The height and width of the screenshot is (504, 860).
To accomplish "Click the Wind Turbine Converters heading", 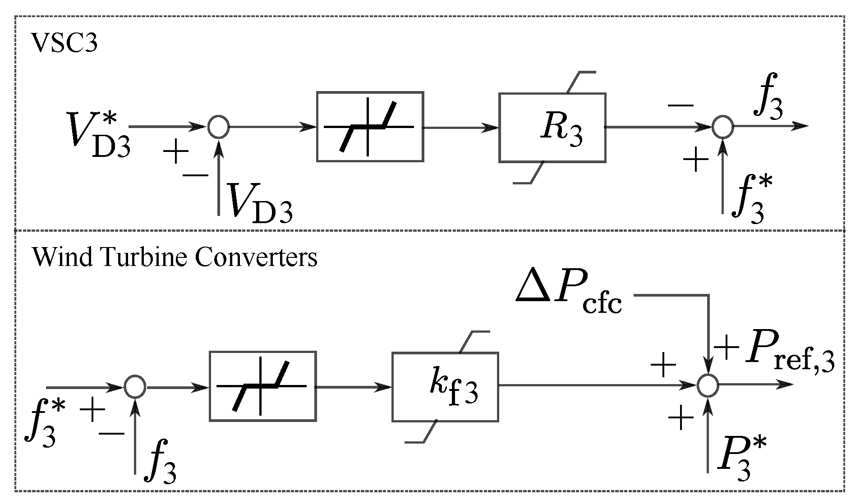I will tap(175, 258).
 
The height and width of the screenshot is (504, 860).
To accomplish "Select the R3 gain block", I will tap(552, 128).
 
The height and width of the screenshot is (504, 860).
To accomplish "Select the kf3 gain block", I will tap(445, 387).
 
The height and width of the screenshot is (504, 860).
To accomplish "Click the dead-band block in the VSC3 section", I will tap(370, 127).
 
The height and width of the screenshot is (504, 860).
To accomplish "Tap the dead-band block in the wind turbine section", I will tap(262, 386).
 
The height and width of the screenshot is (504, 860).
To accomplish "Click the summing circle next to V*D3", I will tap(219, 127).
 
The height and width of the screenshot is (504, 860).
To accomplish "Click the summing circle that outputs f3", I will tap(722, 127).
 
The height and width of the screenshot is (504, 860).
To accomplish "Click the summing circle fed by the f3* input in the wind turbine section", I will tap(135, 386).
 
